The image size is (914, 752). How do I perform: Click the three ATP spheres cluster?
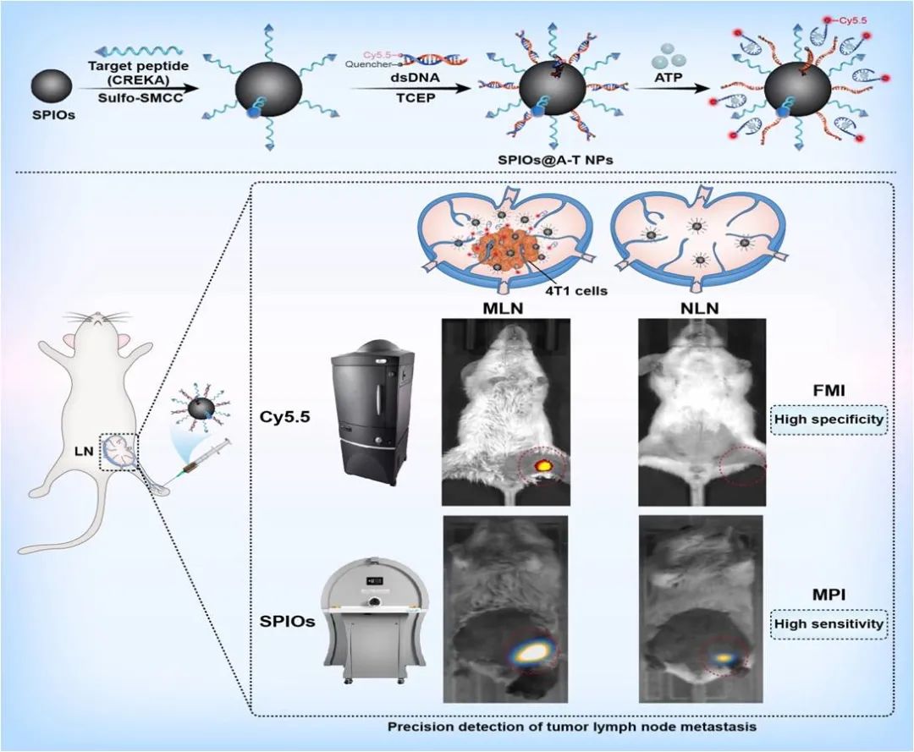click(668, 60)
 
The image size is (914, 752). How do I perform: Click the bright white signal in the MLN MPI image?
click(531, 650)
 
